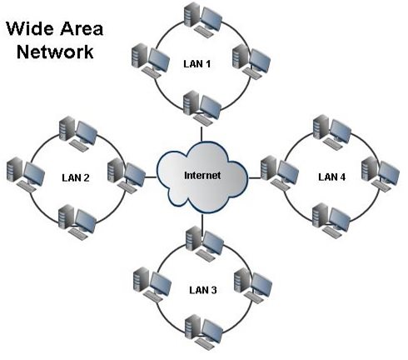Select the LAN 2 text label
77,177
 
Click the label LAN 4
331,177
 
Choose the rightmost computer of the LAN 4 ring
385,173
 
